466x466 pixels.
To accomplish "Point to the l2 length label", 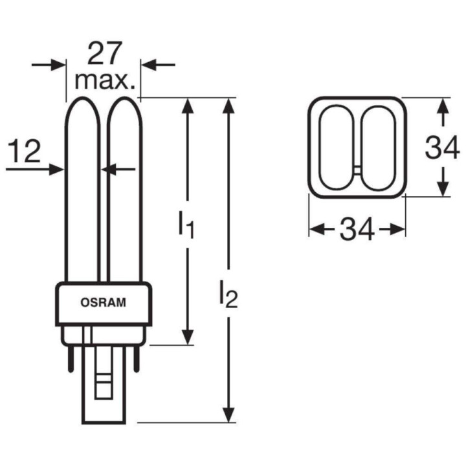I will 227,295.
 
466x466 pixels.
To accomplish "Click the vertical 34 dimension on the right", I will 442,148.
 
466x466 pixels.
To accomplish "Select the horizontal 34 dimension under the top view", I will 357,230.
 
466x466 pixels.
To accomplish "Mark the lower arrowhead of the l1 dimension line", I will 187,337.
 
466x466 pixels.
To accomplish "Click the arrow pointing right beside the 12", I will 52,169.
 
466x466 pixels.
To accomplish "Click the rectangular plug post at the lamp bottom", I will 103,388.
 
